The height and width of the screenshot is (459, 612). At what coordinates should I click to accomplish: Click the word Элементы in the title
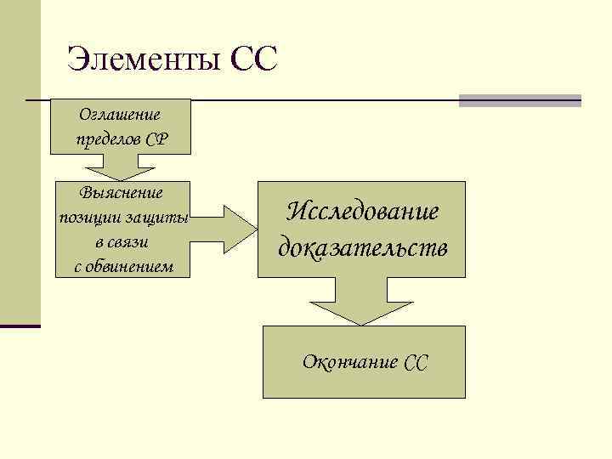click(x=142, y=60)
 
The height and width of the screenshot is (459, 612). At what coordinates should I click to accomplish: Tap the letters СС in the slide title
click(x=253, y=60)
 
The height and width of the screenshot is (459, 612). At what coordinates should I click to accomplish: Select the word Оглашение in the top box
click(x=120, y=113)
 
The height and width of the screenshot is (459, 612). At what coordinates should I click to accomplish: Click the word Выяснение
click(x=122, y=194)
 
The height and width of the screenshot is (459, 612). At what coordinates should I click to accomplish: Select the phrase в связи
click(x=122, y=242)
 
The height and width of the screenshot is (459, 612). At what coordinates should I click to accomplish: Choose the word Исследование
click(x=362, y=212)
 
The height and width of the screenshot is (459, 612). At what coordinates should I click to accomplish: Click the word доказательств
click(x=362, y=247)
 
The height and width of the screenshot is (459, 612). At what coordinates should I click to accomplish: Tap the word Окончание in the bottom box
click(x=350, y=362)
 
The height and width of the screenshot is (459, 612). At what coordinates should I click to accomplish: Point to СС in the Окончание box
click(x=416, y=363)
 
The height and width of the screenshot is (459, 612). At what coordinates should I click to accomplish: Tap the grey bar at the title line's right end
click(x=519, y=100)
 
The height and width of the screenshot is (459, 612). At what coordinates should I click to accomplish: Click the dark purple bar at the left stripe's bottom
click(x=20, y=326)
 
